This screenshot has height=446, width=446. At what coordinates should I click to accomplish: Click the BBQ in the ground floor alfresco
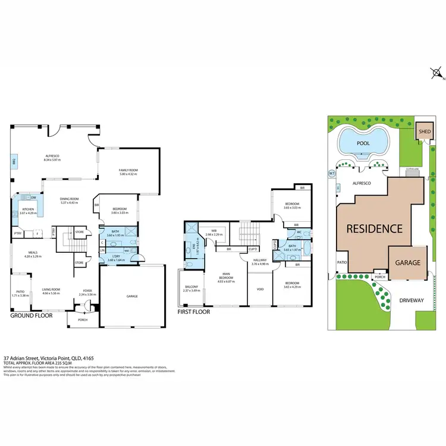pyautogui.click(x=13, y=161)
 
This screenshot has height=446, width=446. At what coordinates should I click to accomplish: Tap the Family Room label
pyautogui.click(x=128, y=170)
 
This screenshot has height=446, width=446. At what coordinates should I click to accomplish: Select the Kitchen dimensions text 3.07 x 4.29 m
pyautogui.click(x=27, y=212)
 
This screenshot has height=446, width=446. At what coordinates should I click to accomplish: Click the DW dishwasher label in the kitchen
pyautogui.click(x=34, y=197)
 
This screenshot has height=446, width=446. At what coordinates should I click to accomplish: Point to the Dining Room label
pyautogui.click(x=70, y=199)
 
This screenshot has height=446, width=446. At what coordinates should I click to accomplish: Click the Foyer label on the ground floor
pyautogui.click(x=87, y=291)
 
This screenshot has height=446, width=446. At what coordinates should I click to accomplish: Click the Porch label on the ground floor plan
pyautogui.click(x=82, y=319)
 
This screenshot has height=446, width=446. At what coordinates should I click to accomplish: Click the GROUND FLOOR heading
pyautogui.click(x=32, y=316)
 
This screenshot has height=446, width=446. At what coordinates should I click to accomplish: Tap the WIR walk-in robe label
pyautogui.click(x=213, y=231)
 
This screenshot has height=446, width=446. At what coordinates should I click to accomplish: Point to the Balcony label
pyautogui.click(x=191, y=287)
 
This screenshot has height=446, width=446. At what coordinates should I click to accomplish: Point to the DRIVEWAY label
pyautogui.click(x=411, y=300)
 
